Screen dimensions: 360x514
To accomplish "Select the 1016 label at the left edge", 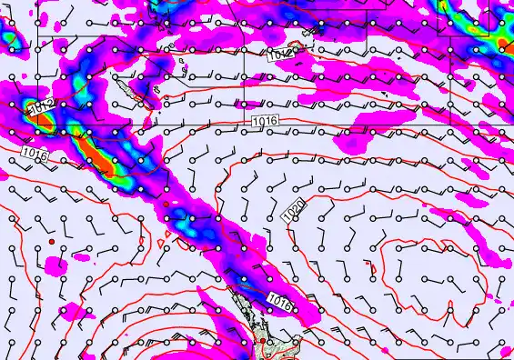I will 34,154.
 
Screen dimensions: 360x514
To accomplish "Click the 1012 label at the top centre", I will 280,55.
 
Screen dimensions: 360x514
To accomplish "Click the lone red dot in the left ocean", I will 52,241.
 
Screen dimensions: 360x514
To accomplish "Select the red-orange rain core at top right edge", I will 504,44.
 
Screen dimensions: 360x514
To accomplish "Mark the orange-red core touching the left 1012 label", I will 27,107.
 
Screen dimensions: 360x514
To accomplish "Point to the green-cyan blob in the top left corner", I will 9,37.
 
